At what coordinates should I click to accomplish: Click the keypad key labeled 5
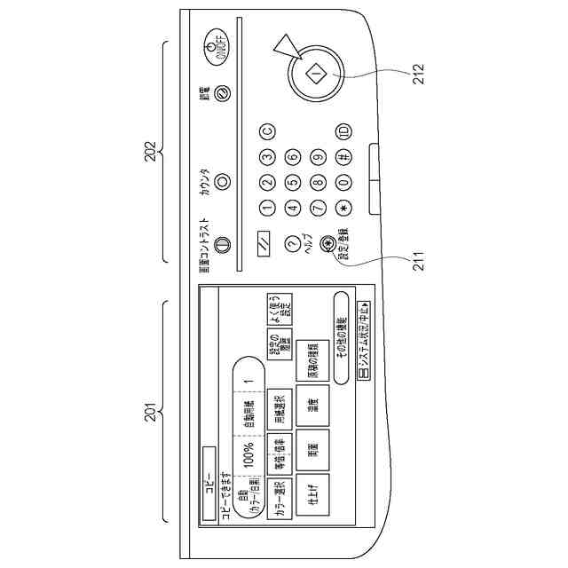(291, 184)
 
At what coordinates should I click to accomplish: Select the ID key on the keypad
(343, 132)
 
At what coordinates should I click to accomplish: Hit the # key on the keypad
(343, 158)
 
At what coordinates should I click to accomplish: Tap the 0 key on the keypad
(343, 184)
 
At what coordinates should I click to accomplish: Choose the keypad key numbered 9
(318, 158)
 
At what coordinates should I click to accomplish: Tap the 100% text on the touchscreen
(249, 459)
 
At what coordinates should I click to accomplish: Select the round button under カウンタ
(222, 180)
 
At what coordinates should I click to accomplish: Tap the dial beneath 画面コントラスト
(222, 243)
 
